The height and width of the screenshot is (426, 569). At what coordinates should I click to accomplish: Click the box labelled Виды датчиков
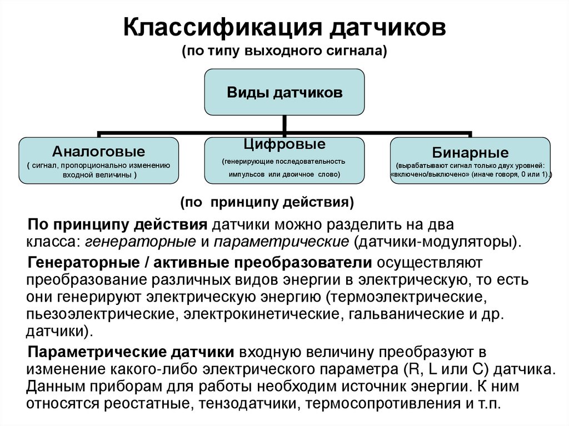(284, 92)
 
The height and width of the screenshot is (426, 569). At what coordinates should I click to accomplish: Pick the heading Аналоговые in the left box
(99, 151)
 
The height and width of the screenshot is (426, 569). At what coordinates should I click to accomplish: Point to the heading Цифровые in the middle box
(284, 144)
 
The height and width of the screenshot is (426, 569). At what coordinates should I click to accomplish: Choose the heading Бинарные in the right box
(470, 152)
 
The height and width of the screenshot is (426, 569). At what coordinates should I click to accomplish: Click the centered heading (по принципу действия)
(267, 202)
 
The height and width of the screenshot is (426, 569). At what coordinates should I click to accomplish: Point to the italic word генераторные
(141, 242)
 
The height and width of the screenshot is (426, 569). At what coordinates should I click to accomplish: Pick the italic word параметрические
(281, 242)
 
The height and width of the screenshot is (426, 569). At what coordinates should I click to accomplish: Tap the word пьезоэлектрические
(98, 314)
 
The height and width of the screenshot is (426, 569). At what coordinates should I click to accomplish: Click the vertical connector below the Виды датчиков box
(284, 124)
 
